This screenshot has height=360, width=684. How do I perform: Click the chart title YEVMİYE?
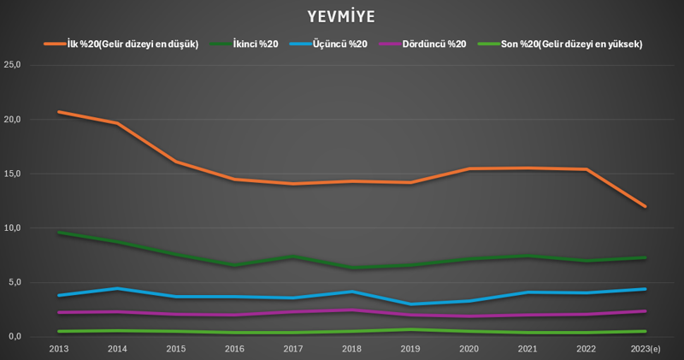point(342,17)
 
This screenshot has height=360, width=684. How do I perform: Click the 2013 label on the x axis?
point(59,349)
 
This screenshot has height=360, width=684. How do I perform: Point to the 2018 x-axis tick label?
point(352,349)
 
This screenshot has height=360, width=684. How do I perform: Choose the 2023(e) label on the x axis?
point(646,349)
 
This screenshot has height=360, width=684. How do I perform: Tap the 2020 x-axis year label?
point(469,349)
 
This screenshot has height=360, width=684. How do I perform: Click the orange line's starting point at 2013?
point(59,112)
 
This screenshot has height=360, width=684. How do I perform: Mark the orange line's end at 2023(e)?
point(646,206)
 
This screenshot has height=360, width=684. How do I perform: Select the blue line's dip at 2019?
point(411,304)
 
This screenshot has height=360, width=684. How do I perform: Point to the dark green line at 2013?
point(59,233)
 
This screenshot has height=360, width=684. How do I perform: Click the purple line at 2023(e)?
point(646,311)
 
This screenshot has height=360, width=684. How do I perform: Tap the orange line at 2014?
point(118,123)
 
